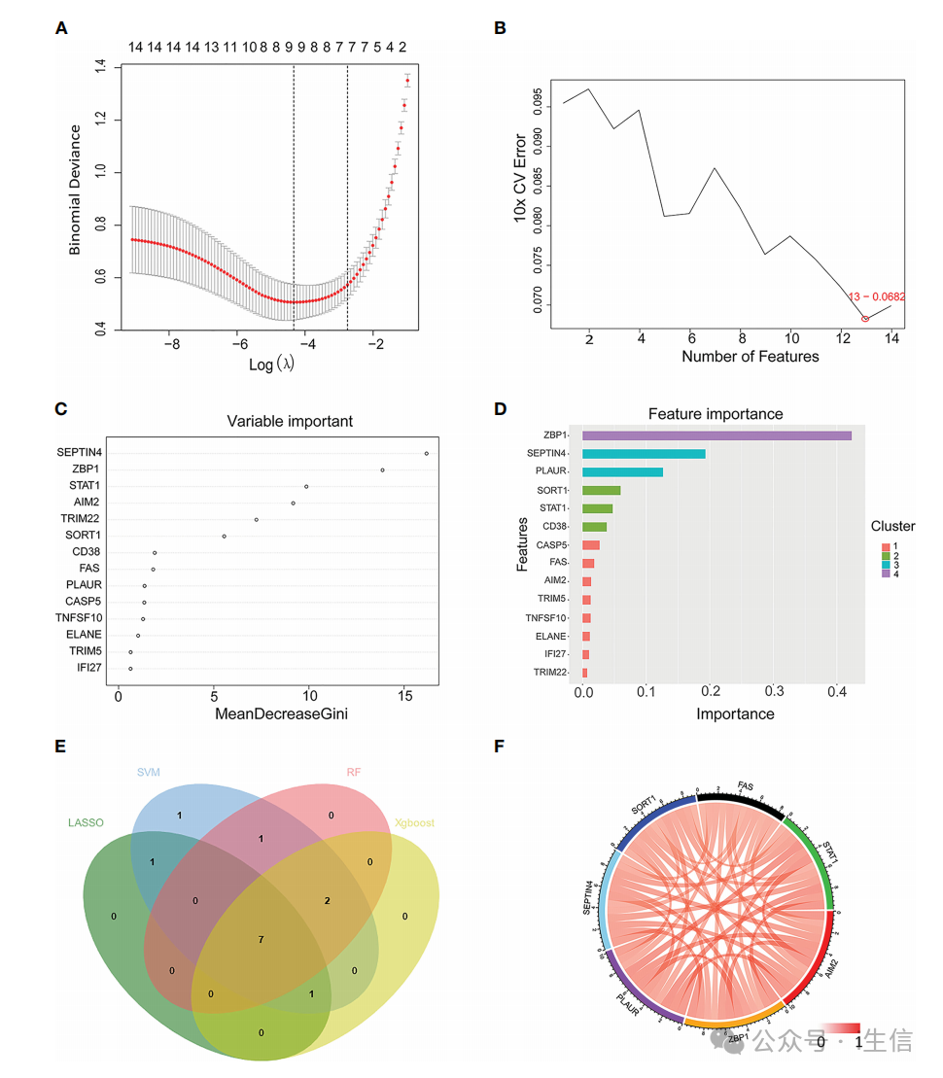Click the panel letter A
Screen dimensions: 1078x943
click(x=61, y=28)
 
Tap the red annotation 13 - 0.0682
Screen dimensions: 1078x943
click(x=876, y=296)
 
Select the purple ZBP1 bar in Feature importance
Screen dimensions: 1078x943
click(x=716, y=435)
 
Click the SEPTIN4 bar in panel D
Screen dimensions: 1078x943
click(x=644, y=454)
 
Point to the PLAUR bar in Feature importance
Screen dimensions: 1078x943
click(x=622, y=472)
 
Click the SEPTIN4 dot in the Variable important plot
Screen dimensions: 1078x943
click(x=426, y=453)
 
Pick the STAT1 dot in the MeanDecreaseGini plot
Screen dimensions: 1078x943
click(x=306, y=486)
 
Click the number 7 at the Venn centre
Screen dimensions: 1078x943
click(x=261, y=939)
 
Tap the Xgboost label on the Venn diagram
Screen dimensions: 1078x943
click(x=414, y=823)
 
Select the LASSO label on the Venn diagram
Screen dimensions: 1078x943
click(x=86, y=823)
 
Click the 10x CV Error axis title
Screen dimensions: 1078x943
click(x=520, y=179)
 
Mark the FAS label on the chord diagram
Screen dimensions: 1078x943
click(x=746, y=784)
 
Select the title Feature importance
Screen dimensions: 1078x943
click(x=716, y=413)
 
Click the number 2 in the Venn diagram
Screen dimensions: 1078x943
click(x=328, y=901)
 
